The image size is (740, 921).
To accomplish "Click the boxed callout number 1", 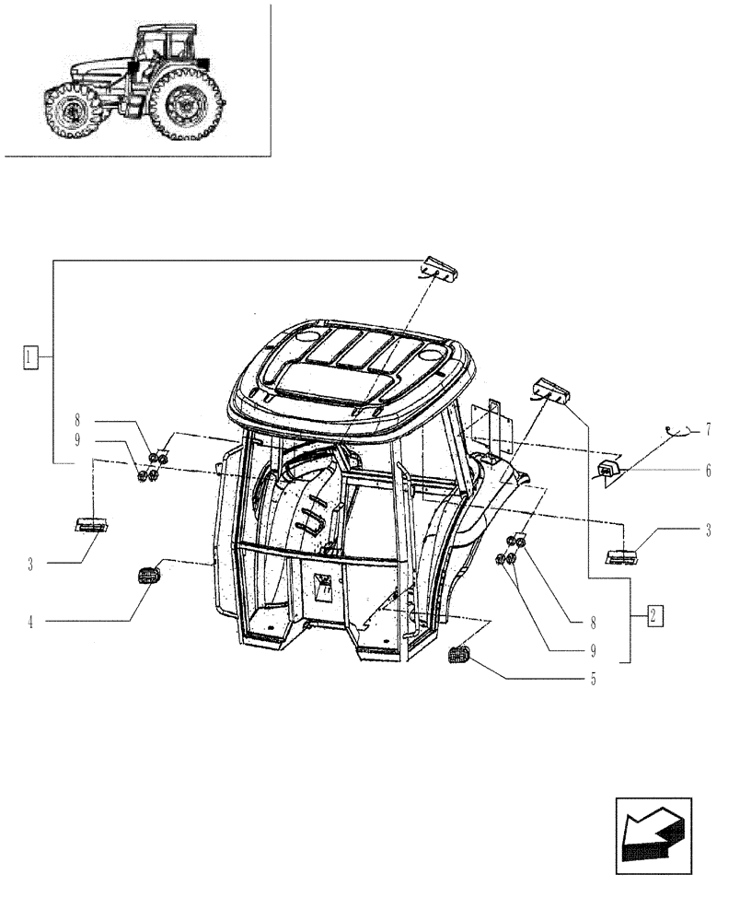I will coord(31,356).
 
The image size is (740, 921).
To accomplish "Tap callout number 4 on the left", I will coord(30,623).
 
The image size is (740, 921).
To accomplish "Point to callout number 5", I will coord(593,680).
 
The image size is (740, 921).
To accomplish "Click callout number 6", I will coord(708,470).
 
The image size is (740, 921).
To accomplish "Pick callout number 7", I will coord(708,429).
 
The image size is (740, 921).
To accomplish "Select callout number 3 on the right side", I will coord(708,532).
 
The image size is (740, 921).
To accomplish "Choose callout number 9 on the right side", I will coord(593,650).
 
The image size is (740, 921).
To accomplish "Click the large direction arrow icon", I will coord(652,835).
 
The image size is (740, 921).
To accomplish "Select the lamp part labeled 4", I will coord(146,576).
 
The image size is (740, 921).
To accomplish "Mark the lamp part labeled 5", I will coord(458,656).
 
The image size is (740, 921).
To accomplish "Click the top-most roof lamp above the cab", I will coord(439,268).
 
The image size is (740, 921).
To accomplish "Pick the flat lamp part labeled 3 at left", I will coord(92,525).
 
